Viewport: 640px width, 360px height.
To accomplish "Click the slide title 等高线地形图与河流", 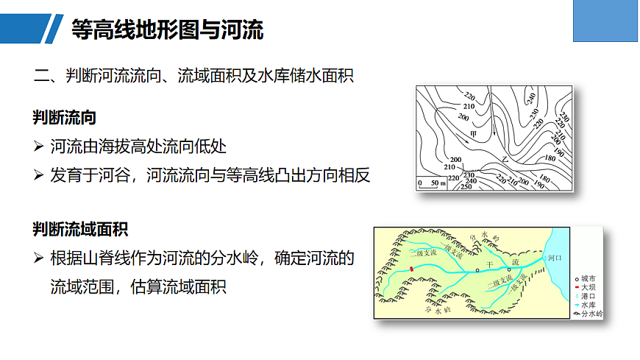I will [168, 29].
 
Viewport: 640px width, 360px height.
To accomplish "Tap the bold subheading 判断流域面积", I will [80, 229].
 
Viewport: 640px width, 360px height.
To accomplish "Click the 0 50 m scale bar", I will [434, 183].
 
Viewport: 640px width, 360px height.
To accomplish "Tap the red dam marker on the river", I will [413, 269].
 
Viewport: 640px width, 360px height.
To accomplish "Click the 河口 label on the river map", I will [555, 259].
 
